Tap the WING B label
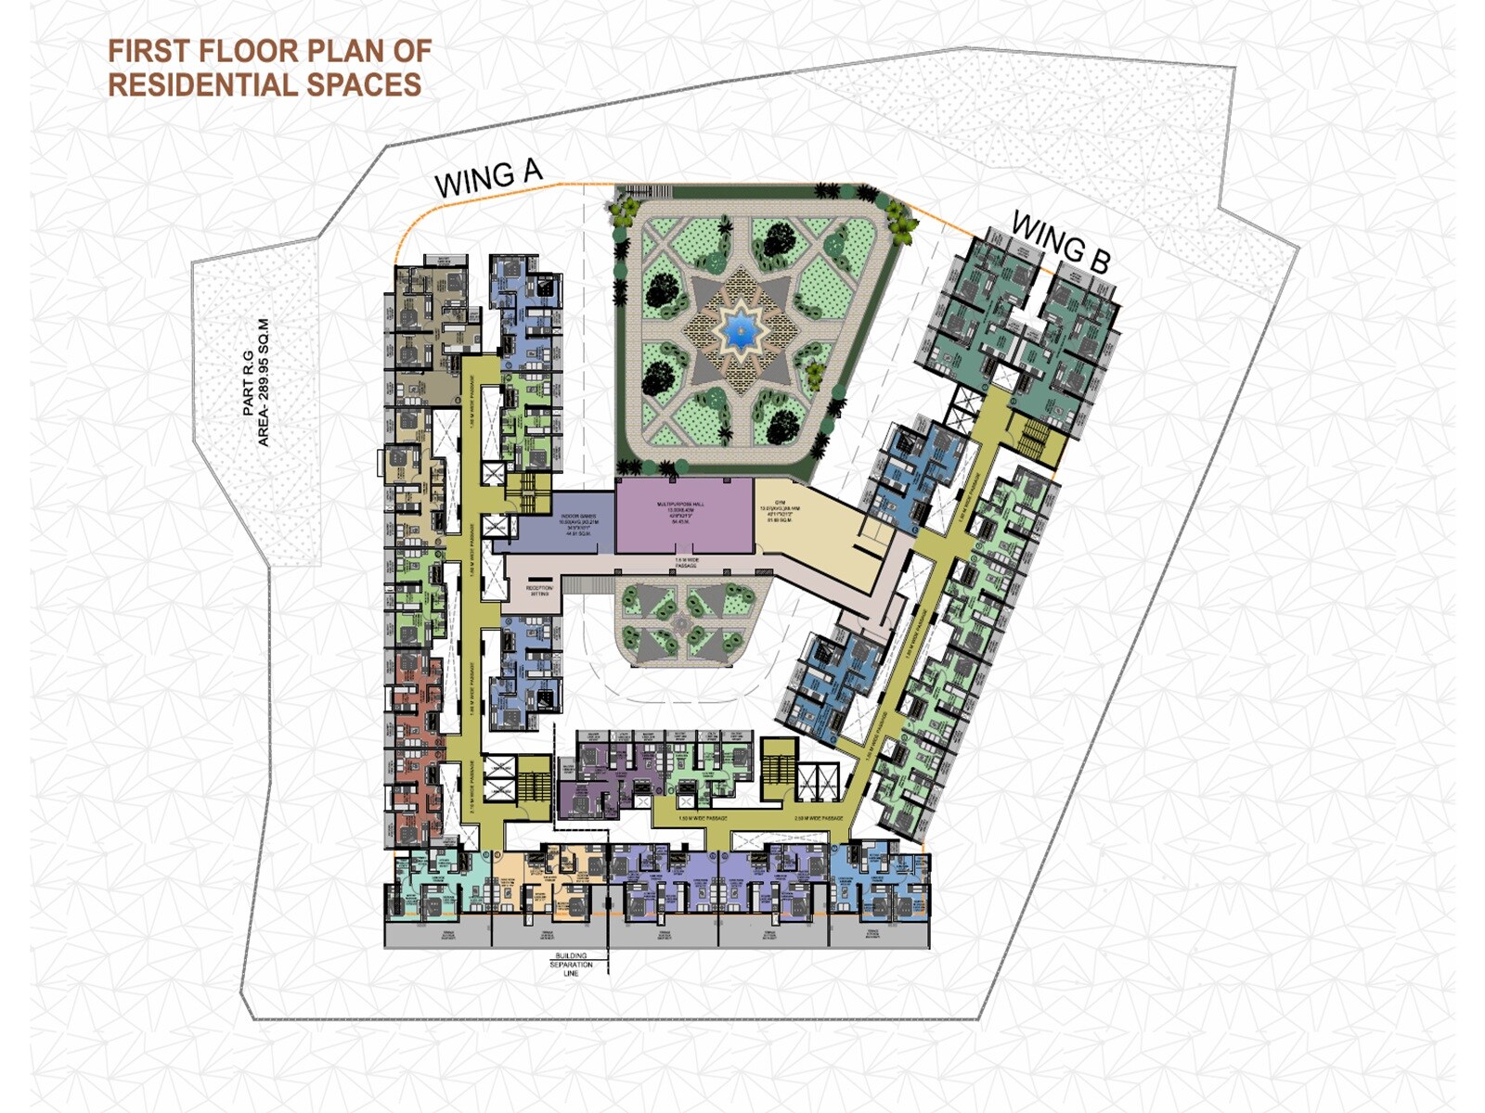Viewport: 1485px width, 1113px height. pyautogui.click(x=1061, y=242)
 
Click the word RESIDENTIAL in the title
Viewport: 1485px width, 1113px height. pyautogui.click(x=203, y=85)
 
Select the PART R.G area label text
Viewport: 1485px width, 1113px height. pyautogui.click(x=256, y=382)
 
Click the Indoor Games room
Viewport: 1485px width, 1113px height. pyautogui.click(x=566, y=527)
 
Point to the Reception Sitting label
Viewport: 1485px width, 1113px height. pyautogui.click(x=539, y=591)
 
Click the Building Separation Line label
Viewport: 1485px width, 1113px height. pyautogui.click(x=570, y=964)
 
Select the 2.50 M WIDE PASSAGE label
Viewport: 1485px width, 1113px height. pyautogui.click(x=818, y=819)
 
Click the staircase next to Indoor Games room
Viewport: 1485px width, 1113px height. pyautogui.click(x=530, y=492)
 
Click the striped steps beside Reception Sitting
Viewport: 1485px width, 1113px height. pyautogui.click(x=586, y=583)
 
